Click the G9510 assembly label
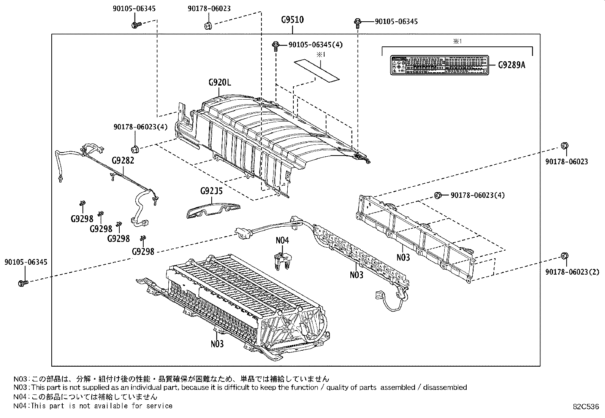[292, 20]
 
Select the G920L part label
[219, 82]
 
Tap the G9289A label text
[512, 65]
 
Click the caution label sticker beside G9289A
[439, 65]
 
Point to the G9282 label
[123, 160]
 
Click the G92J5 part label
[211, 191]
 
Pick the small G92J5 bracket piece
[213, 210]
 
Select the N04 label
[282, 240]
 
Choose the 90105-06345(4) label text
[315, 45]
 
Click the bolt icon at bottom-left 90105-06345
[22, 283]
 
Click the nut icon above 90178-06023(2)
[564, 256]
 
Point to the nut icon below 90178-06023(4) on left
[135, 148]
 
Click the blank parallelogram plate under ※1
[317, 70]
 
